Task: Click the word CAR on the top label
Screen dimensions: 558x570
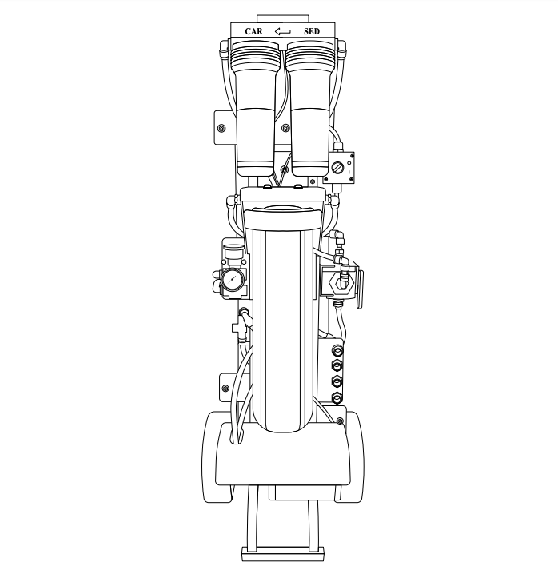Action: click(253, 31)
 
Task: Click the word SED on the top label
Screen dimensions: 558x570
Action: click(312, 31)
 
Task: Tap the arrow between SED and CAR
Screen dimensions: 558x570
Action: click(282, 31)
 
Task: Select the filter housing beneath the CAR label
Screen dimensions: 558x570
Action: click(255, 109)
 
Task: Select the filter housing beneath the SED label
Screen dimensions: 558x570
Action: click(310, 109)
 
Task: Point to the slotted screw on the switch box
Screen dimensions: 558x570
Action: click(337, 168)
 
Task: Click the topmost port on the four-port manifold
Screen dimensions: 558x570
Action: click(337, 350)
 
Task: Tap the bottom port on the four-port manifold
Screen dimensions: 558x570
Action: click(337, 398)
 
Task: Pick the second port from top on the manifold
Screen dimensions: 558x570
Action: click(337, 365)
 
